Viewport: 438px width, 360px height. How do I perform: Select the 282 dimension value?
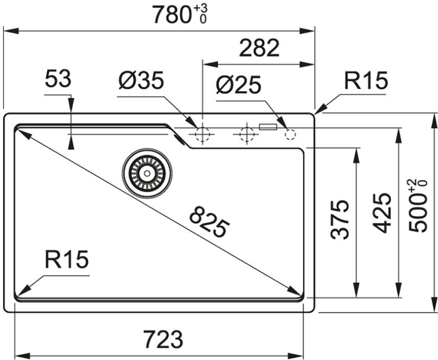[259, 49]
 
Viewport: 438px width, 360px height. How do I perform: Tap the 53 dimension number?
[58, 80]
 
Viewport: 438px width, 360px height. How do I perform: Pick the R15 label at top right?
[366, 81]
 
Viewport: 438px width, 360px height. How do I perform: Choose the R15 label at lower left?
[67, 260]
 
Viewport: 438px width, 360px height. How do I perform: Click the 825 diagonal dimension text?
[209, 221]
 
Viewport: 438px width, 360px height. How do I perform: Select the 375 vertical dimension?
[340, 219]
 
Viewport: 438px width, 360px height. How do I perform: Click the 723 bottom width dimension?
[163, 339]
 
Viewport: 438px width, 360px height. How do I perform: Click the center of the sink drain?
[147, 173]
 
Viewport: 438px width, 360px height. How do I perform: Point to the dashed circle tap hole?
[290, 134]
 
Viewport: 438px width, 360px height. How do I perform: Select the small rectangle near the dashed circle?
[268, 126]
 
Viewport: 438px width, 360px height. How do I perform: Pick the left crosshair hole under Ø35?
[202, 134]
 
